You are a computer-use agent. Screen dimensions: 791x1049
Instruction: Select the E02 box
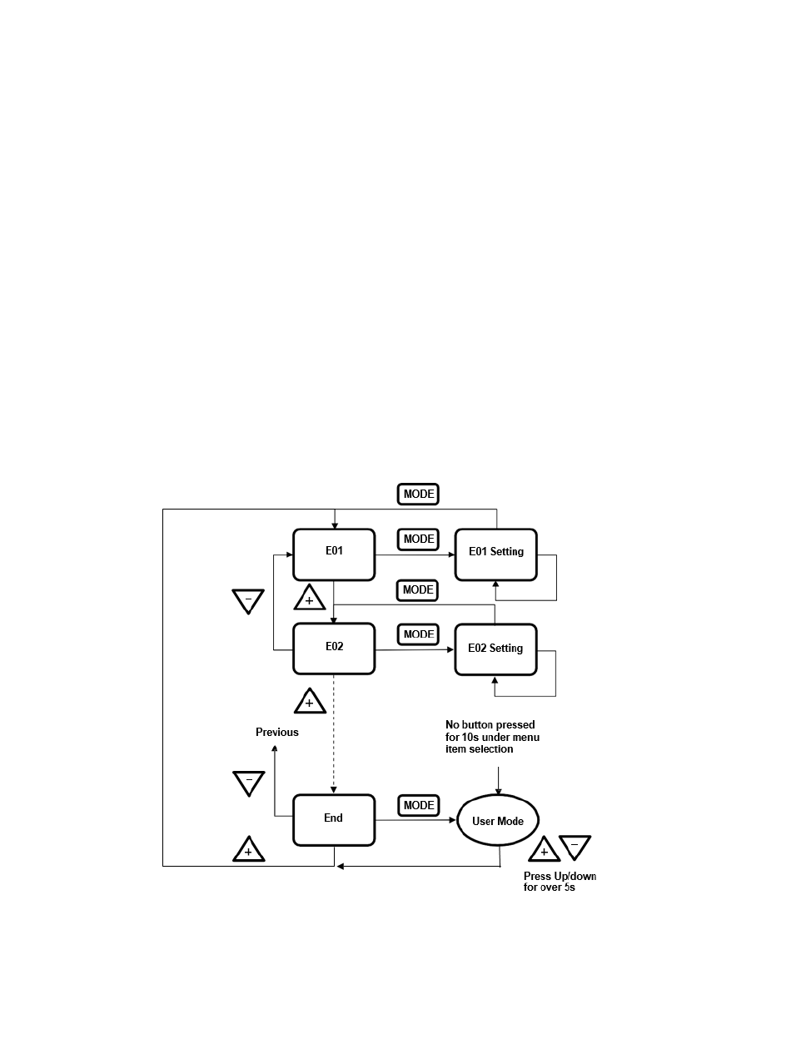[334, 649]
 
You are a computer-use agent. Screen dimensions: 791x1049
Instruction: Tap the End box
[334, 818]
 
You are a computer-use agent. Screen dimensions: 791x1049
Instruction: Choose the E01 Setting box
[495, 553]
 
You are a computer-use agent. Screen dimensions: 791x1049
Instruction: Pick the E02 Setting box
[495, 649]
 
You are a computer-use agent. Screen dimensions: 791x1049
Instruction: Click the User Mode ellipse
[498, 821]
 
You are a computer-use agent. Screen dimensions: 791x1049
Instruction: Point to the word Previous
[276, 733]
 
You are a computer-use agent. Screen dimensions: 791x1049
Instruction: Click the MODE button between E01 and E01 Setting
[419, 539]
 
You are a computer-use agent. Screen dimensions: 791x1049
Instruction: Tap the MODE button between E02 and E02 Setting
[419, 634]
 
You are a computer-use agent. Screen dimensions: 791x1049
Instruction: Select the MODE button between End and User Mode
[419, 806]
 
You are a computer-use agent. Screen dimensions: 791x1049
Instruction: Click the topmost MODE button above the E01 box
[419, 494]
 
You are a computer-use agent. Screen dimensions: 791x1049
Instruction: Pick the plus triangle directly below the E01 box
[309, 599]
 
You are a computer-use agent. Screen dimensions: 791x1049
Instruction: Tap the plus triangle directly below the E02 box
[309, 702]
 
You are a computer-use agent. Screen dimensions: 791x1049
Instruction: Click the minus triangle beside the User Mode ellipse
[575, 847]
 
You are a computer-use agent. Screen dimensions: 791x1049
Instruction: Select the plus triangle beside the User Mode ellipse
[544, 850]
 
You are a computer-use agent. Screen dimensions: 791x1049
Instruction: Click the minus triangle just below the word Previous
[248, 783]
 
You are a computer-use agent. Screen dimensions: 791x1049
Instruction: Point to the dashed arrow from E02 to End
[334, 733]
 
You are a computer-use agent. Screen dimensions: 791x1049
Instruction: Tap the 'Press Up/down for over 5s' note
[560, 882]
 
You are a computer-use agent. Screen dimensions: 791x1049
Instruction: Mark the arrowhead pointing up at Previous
[275, 749]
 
